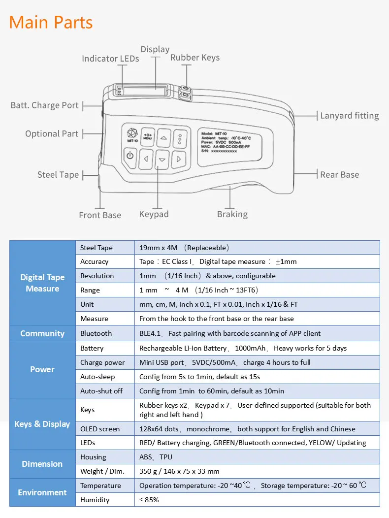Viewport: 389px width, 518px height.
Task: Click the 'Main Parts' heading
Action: click(51, 22)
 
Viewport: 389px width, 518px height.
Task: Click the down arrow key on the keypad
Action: click(162, 159)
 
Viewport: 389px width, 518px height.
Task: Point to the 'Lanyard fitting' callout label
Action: click(349, 116)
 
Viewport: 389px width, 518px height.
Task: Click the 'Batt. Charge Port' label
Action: click(44, 105)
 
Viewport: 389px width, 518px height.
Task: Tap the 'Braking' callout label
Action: click(232, 214)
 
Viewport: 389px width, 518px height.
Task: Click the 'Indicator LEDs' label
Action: click(110, 59)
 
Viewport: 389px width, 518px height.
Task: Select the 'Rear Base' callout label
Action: click(339, 174)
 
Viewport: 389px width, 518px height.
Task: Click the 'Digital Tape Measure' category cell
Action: click(42, 283)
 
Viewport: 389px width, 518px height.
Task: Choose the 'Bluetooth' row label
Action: click(96, 333)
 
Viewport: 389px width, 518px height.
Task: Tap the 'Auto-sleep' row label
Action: click(97, 377)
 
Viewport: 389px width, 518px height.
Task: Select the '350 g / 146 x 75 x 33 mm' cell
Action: click(179, 471)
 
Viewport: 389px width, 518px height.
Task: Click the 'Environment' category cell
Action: click(42, 492)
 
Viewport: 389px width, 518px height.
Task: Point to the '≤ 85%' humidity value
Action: click(149, 500)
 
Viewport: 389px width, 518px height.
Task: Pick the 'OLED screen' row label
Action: click(100, 429)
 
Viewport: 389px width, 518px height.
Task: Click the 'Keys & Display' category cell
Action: click(42, 424)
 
